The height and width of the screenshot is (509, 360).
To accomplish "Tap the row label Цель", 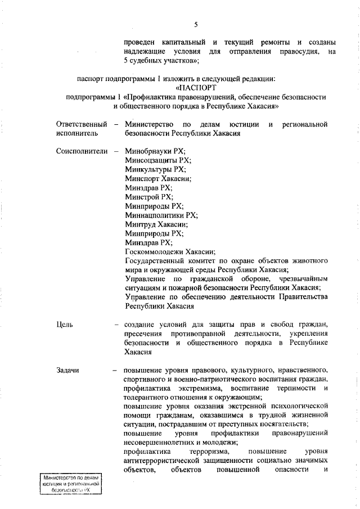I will [x=65, y=325].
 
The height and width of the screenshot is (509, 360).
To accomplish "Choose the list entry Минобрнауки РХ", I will [x=155, y=151].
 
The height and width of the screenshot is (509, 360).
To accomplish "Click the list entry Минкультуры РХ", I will [x=155, y=169].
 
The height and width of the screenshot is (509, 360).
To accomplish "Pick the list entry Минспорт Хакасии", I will [x=158, y=178].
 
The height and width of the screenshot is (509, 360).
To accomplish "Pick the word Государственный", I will [x=154, y=260].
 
